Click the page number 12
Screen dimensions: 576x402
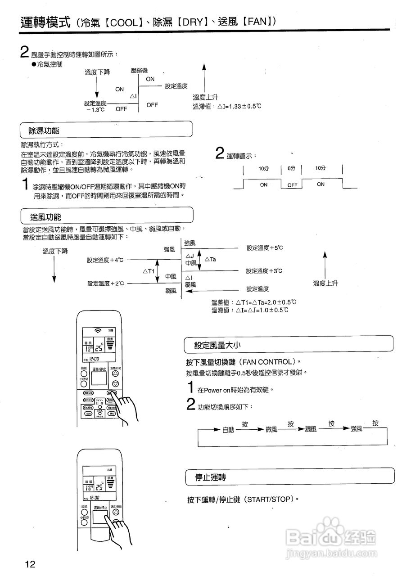click(30, 564)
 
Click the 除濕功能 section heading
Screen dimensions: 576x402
click(44, 131)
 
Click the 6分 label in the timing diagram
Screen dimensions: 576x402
click(291, 168)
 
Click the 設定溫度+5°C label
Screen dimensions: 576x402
click(264, 248)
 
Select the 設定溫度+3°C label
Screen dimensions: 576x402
click(264, 271)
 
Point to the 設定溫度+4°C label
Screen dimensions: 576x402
click(105, 260)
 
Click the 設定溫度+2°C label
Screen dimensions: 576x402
click(105, 283)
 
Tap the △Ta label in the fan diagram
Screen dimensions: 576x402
click(210, 260)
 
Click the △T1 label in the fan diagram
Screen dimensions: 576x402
click(149, 271)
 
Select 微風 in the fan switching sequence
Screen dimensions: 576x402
click(271, 429)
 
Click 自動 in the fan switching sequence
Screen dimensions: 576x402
click(228, 430)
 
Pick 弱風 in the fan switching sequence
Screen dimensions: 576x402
click(311, 429)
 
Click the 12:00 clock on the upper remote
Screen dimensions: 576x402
click(95, 359)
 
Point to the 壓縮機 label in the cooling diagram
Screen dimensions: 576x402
click(139, 71)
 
